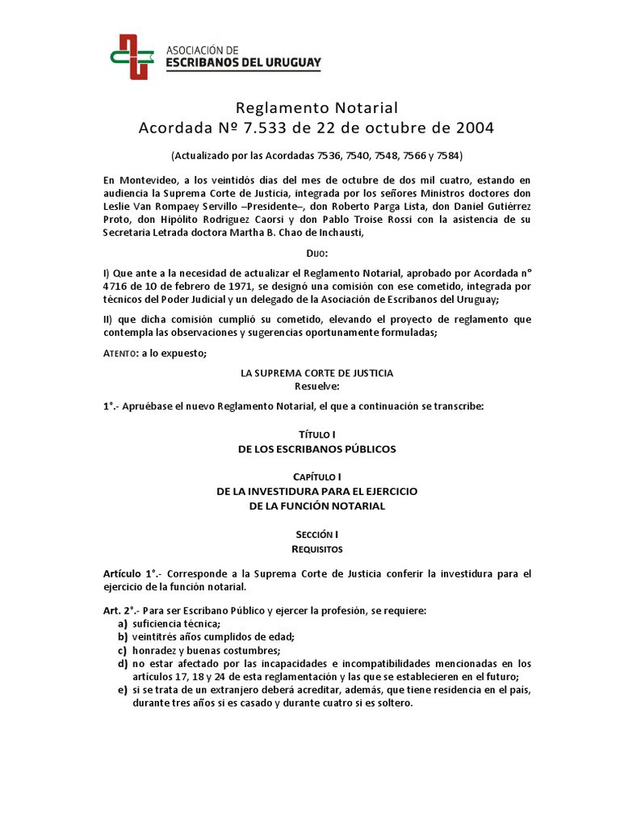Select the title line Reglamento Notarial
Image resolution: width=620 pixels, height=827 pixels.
tap(316, 107)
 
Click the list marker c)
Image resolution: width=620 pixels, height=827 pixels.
tap(122, 651)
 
